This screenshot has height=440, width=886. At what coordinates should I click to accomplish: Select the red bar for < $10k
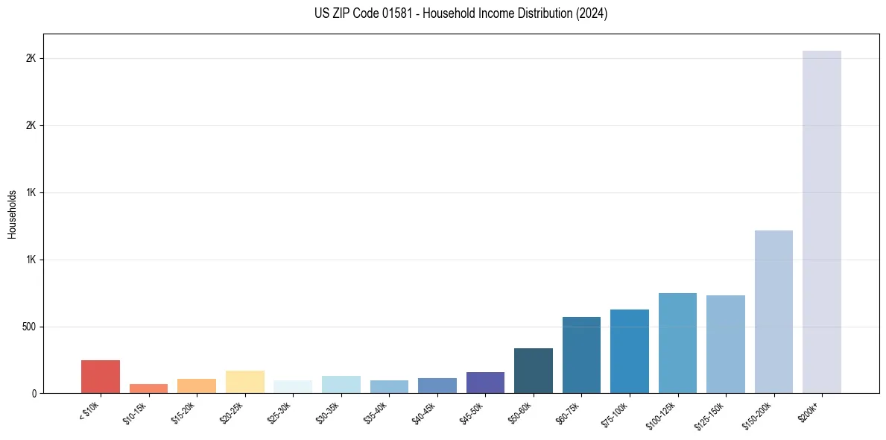[101, 377]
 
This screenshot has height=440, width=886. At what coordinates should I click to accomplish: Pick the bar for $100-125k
[677, 343]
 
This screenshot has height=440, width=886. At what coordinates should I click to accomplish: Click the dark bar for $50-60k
[534, 371]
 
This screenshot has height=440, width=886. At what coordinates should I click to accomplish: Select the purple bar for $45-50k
[485, 383]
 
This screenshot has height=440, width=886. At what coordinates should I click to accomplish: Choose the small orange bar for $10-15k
[148, 389]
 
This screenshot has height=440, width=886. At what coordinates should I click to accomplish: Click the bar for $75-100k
[630, 351]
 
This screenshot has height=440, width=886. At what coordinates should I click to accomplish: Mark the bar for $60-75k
[581, 355]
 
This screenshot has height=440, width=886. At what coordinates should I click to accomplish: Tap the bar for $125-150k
[726, 344]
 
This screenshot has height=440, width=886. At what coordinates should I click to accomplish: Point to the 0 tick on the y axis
[34, 393]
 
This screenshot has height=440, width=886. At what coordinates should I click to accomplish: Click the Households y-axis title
[13, 214]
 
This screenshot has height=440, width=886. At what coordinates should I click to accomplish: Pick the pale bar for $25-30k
[293, 386]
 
